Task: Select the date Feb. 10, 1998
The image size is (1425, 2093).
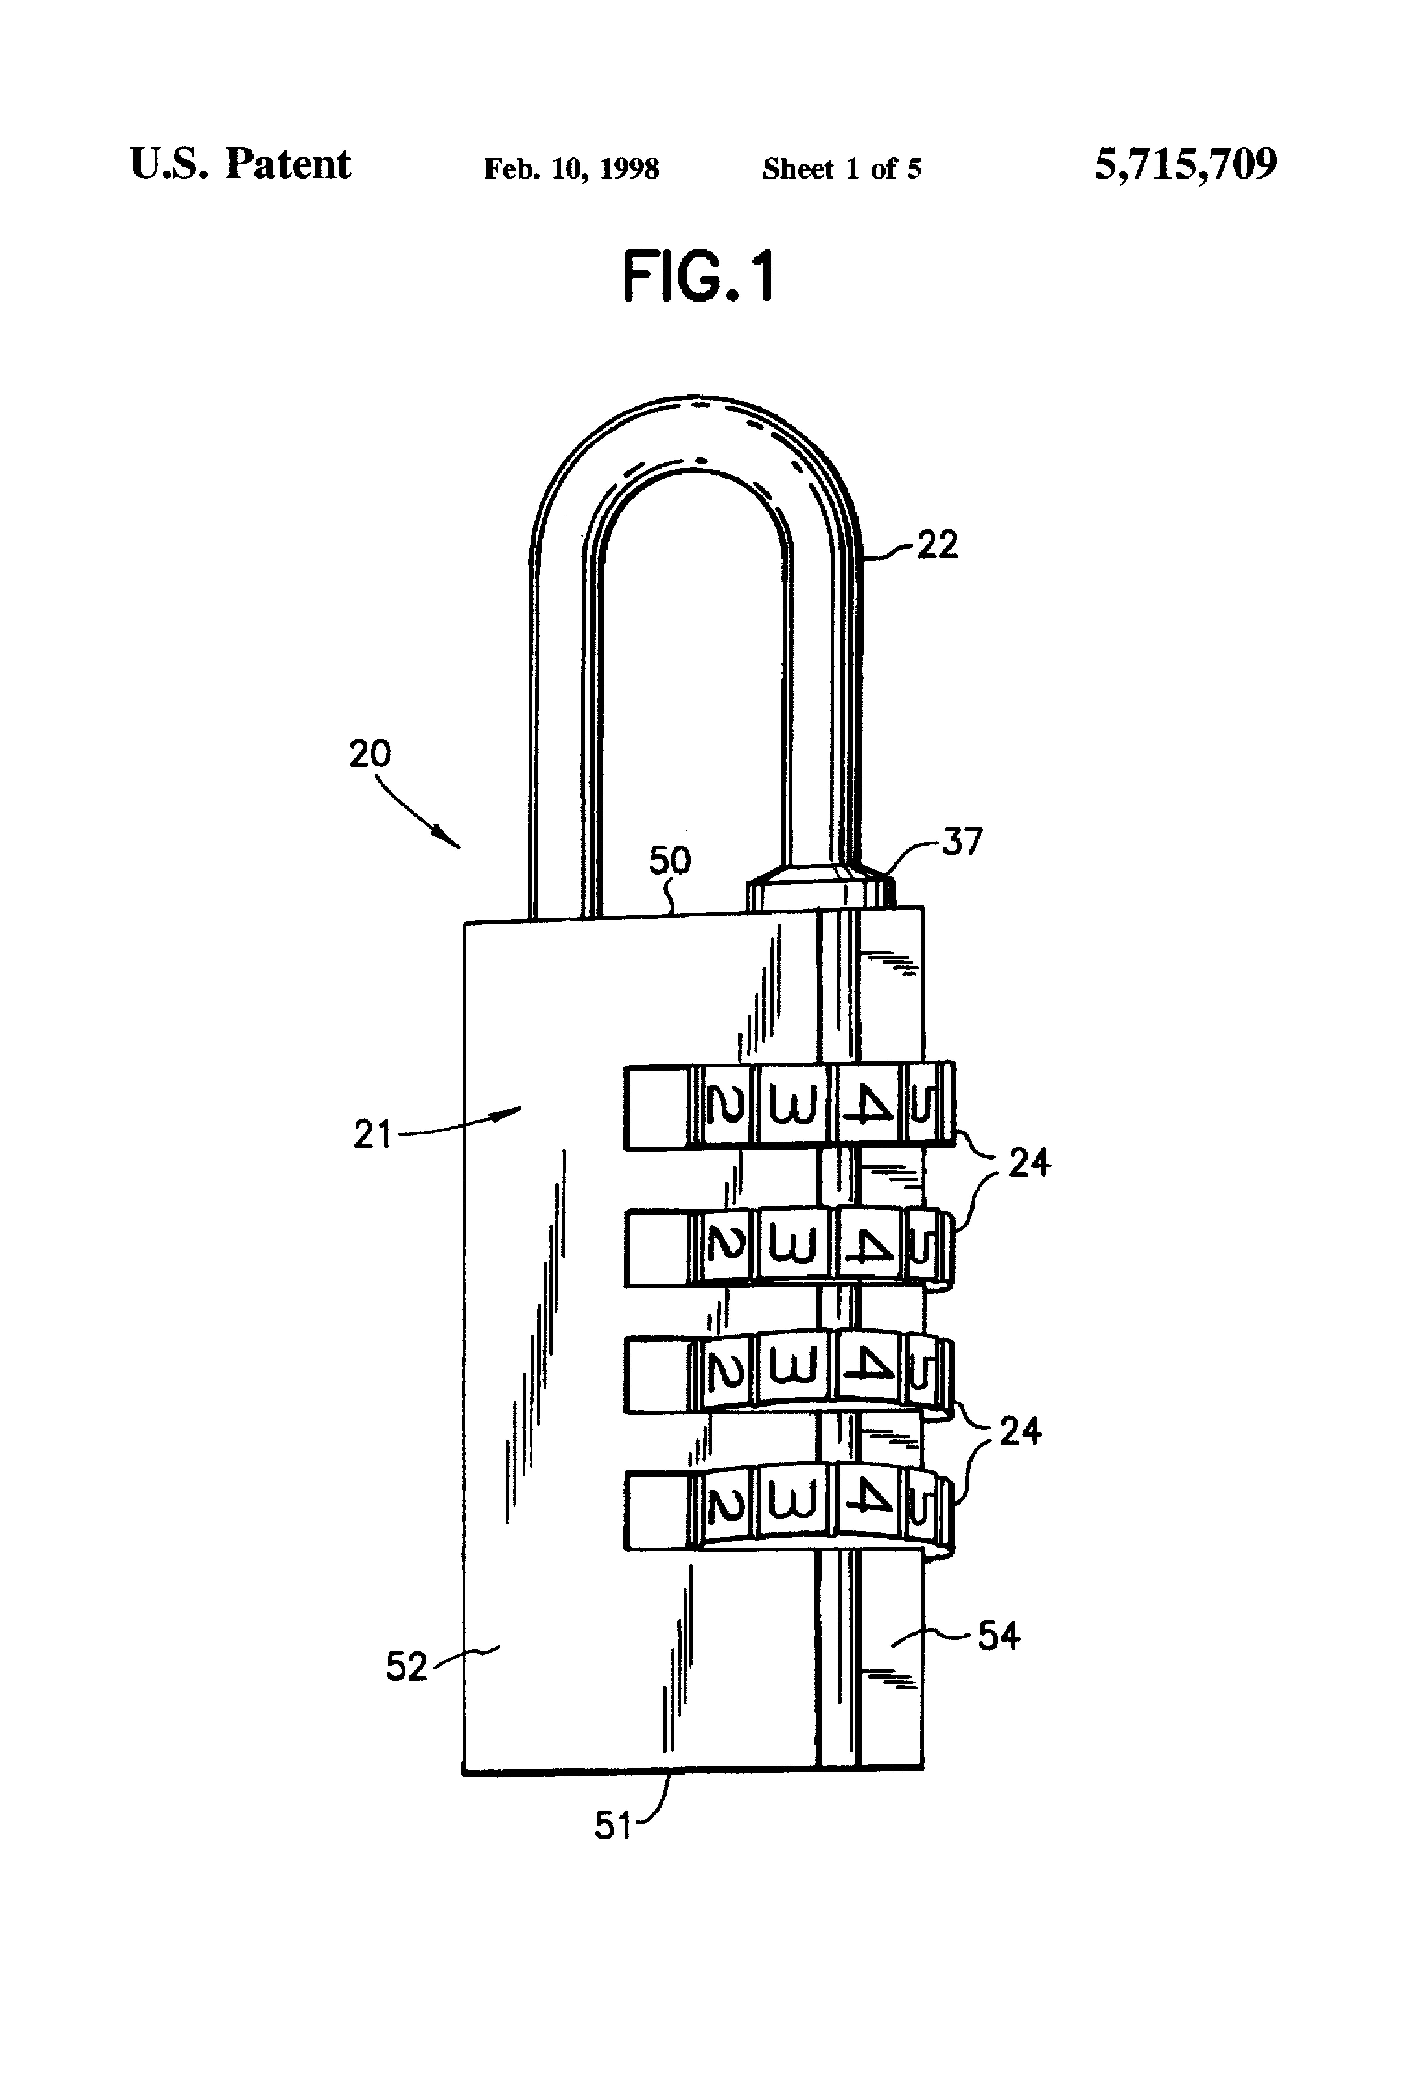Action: [x=571, y=168]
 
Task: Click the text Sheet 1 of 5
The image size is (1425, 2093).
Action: [x=842, y=168]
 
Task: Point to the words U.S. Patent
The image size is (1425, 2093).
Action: [x=241, y=164]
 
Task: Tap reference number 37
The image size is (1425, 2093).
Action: [x=962, y=842]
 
